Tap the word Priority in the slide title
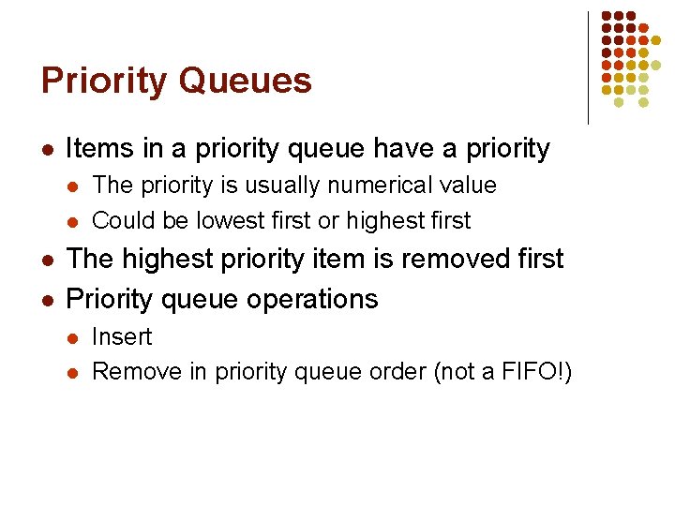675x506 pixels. coord(103,82)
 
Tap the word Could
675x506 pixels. coord(121,221)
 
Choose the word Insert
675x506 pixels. coord(122,337)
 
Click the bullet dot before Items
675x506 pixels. coord(48,150)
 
